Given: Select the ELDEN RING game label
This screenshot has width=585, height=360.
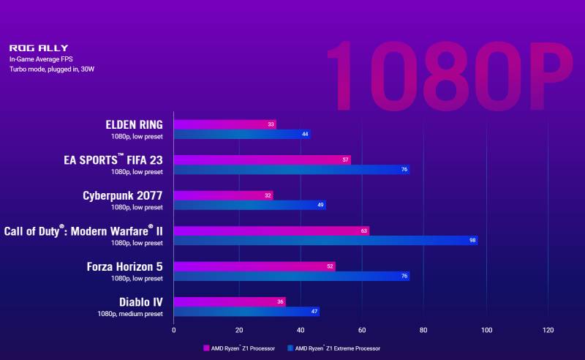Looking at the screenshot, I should [x=135, y=124].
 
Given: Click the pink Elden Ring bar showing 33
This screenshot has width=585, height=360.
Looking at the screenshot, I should [x=224, y=124].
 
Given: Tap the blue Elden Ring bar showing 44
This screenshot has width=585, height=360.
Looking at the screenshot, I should [x=241, y=135].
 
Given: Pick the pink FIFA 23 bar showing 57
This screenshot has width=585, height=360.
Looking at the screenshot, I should [x=262, y=160].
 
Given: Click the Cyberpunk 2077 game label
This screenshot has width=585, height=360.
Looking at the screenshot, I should [x=124, y=195].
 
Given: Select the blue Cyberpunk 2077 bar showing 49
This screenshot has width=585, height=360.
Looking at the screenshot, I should [x=249, y=205].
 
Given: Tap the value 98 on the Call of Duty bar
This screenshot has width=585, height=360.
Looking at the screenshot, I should [x=472, y=240].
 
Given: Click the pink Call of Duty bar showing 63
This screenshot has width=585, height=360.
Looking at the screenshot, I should [x=271, y=230].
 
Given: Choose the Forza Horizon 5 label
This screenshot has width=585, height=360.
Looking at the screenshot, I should [x=124, y=266].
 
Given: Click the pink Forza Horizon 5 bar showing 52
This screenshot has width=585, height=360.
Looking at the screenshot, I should [x=254, y=266].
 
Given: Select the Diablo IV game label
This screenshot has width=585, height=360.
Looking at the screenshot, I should [x=140, y=301].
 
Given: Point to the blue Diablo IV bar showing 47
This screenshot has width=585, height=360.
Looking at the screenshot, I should [x=246, y=312].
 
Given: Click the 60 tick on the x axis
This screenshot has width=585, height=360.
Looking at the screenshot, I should [x=361, y=330].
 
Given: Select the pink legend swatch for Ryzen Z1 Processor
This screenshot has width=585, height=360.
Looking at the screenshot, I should [x=206, y=348].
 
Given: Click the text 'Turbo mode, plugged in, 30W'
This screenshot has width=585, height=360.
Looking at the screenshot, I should [x=52, y=69].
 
